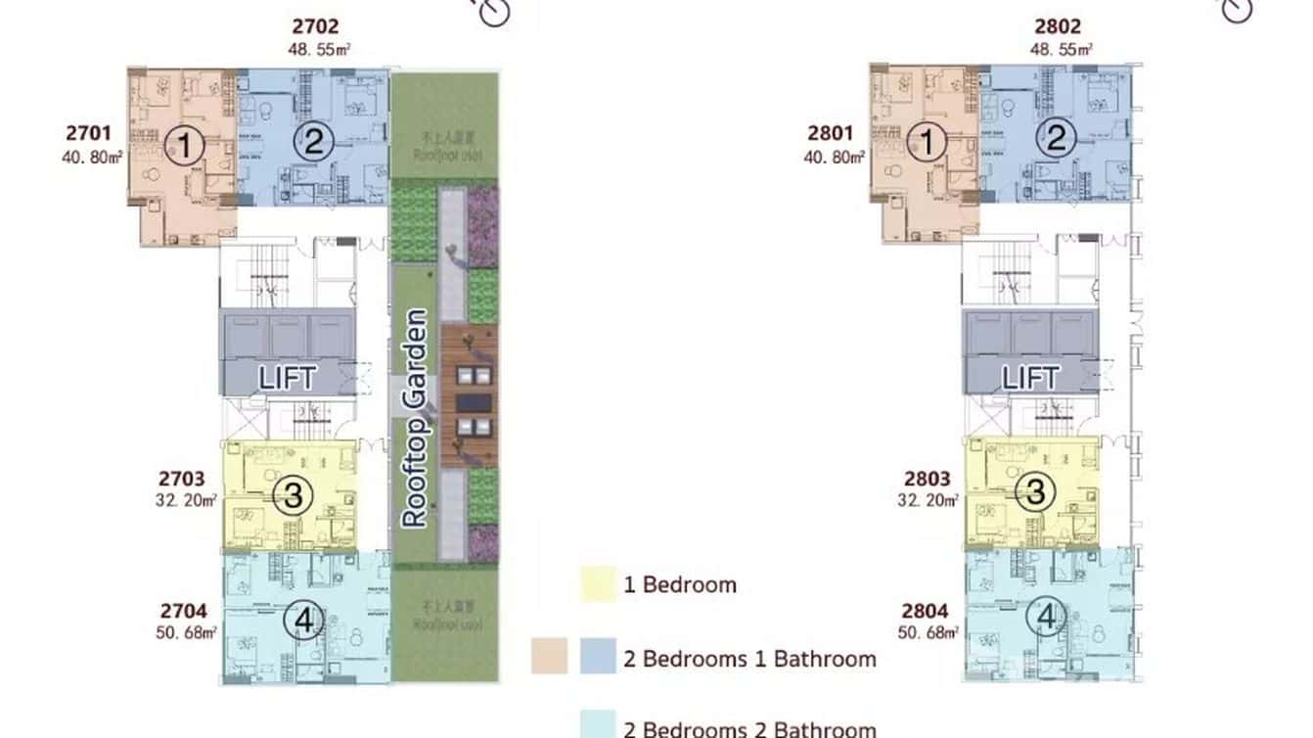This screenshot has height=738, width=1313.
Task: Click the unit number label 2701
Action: (89, 132)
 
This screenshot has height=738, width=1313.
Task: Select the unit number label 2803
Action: (927, 479)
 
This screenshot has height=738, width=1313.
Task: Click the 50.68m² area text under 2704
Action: (186, 631)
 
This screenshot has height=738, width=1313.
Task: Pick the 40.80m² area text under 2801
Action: (836, 155)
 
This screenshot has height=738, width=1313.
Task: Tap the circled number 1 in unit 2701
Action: (184, 148)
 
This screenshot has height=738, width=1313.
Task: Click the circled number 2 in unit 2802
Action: (1056, 140)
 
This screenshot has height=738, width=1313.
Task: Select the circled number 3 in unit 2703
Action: (292, 496)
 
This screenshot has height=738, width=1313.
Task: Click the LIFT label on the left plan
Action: (286, 378)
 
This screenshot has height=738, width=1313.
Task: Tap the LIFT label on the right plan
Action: (1030, 378)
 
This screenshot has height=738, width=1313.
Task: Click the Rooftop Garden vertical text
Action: (415, 418)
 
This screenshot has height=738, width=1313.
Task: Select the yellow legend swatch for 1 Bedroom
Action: (597, 585)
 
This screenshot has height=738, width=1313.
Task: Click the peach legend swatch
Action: (549, 657)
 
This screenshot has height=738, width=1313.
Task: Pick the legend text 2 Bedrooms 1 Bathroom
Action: (749, 659)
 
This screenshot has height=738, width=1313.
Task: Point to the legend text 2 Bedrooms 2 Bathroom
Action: (749, 728)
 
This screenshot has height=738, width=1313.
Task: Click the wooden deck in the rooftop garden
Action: (469, 396)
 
